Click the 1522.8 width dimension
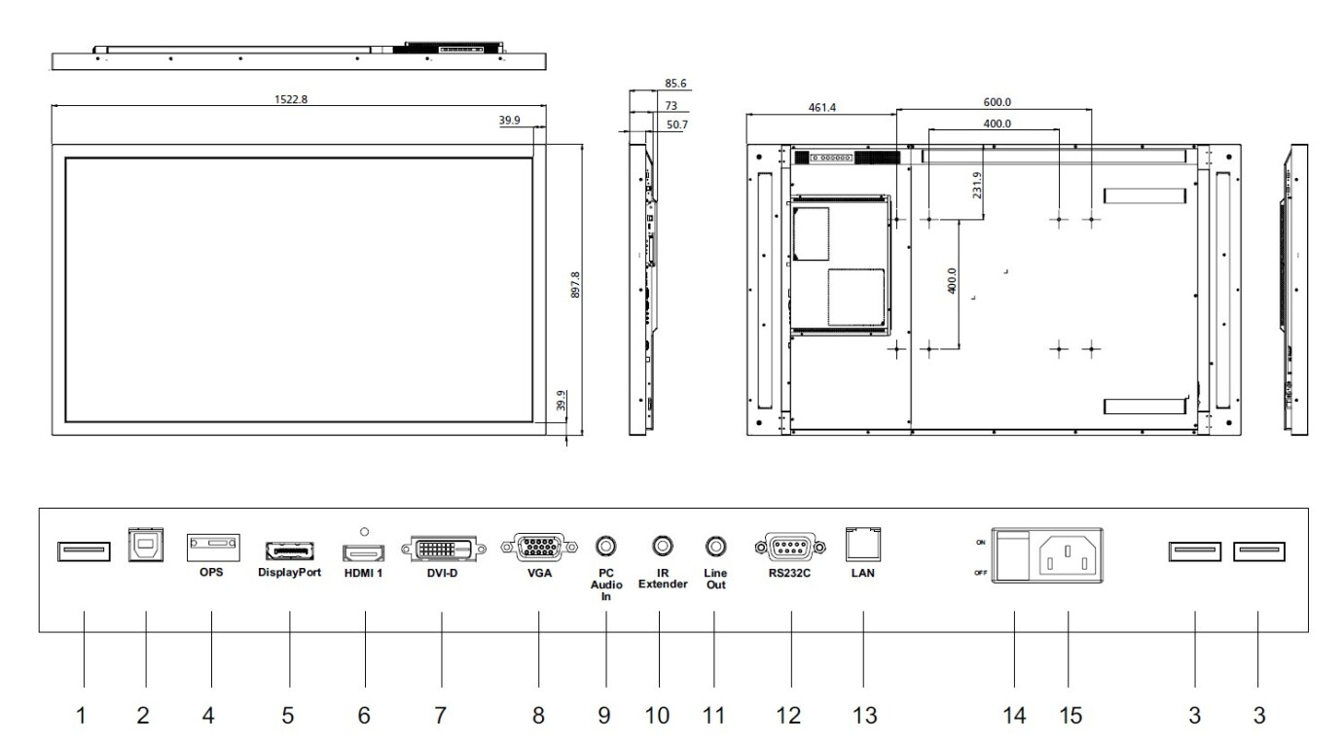pos(291,99)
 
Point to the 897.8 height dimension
pos(575,285)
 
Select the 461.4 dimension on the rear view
pos(821,107)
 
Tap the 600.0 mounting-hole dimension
pos(997,102)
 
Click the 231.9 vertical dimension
pos(977,185)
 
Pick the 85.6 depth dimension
pos(675,84)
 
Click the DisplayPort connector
pos(290,550)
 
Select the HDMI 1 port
pos(363,552)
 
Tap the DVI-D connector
pos(443,549)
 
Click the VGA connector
pos(539,547)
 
